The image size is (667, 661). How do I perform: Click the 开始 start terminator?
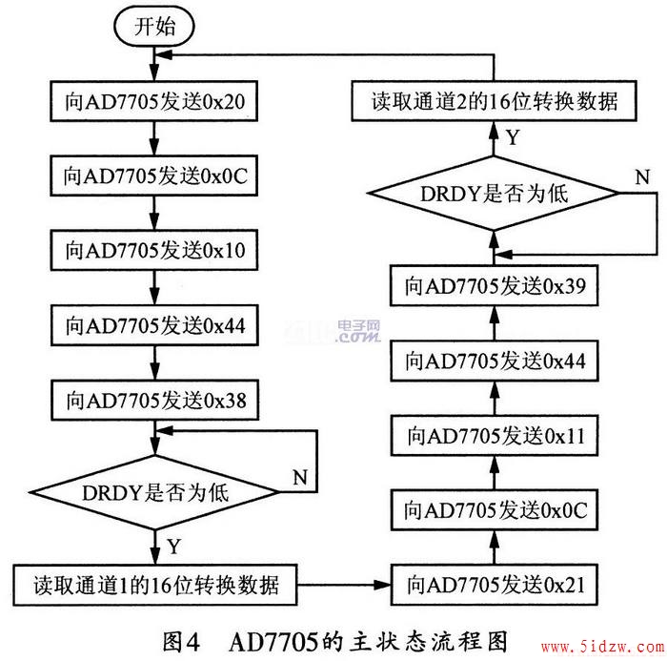click(x=154, y=27)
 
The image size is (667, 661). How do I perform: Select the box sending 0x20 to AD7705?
click(x=154, y=101)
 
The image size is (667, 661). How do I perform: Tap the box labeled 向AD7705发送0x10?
click(x=154, y=250)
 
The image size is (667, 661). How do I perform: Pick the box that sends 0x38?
click(x=155, y=401)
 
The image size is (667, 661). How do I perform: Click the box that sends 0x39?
click(x=495, y=285)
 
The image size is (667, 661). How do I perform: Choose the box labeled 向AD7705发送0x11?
click(x=495, y=436)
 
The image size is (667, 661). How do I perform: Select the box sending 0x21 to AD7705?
click(x=495, y=585)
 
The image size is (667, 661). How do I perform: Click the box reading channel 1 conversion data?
click(x=155, y=586)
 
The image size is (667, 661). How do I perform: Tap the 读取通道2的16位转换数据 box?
click(x=494, y=101)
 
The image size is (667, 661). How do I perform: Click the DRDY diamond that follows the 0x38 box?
click(x=154, y=493)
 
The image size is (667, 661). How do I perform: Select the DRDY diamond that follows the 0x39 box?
click(x=494, y=194)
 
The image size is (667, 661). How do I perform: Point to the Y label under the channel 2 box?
click(x=514, y=137)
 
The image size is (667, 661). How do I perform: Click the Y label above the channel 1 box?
click(x=174, y=547)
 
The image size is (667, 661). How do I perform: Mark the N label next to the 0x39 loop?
click(x=642, y=176)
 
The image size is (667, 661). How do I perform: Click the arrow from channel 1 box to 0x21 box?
click(x=344, y=585)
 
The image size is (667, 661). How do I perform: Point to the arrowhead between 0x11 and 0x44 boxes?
click(x=495, y=389)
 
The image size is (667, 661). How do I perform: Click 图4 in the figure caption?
click(x=181, y=641)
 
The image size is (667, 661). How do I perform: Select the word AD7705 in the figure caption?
click(x=273, y=642)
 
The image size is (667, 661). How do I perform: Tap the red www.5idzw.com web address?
click(x=603, y=648)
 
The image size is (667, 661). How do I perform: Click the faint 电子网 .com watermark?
click(x=358, y=331)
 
